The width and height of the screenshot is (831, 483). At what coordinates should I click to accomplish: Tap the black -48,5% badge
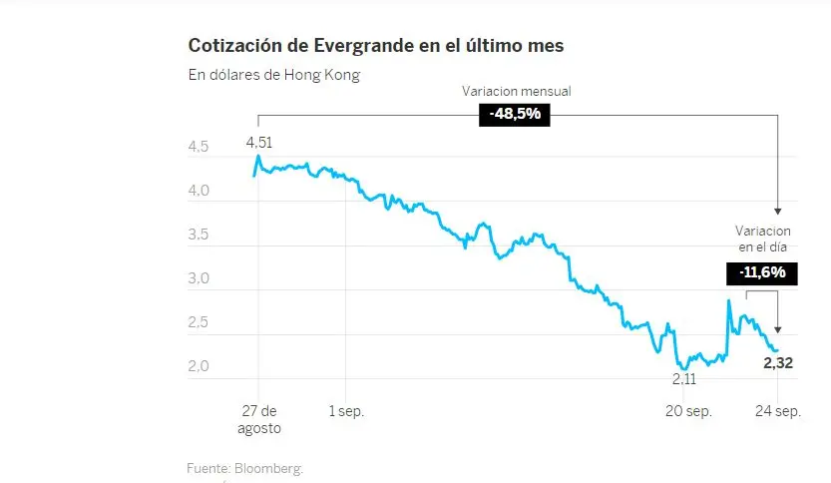(x=515, y=115)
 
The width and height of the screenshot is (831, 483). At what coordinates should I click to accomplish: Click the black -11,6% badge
(x=762, y=272)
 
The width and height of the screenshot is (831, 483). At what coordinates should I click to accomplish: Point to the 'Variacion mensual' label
(x=516, y=91)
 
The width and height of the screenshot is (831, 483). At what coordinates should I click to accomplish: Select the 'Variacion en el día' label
(x=763, y=239)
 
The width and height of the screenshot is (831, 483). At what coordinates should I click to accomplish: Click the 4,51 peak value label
(x=259, y=142)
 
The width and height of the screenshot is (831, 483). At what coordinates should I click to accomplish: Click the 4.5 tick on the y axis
(x=199, y=148)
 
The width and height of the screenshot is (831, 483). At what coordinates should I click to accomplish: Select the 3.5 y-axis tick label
(x=199, y=236)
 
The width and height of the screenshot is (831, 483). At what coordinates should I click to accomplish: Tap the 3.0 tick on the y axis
(x=199, y=279)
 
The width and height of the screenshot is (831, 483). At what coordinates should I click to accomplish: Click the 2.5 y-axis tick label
(x=199, y=323)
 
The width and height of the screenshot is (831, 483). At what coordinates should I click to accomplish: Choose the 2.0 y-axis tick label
(x=199, y=367)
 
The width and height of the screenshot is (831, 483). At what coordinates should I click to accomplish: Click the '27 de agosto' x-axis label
(x=258, y=420)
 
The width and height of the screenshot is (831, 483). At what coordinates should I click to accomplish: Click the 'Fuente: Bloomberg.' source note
(x=244, y=468)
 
